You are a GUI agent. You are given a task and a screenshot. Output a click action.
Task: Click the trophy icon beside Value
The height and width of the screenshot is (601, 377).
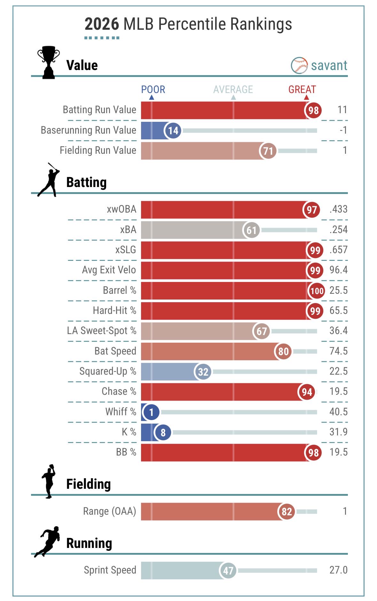[x=49, y=63]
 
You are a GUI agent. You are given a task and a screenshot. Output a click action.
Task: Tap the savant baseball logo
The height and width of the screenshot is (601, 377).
[x=299, y=66]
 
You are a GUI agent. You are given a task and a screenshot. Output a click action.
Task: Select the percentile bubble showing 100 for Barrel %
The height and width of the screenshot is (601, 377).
[x=317, y=291]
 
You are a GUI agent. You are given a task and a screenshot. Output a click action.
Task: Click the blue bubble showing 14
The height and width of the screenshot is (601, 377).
[x=173, y=130]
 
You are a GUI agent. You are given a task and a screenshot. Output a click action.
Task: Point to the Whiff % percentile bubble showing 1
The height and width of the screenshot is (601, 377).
[x=151, y=412]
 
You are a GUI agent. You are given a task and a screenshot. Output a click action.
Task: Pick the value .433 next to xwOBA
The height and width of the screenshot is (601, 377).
[x=338, y=209]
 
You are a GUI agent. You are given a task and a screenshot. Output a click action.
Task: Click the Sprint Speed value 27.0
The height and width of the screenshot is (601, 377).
[x=338, y=570]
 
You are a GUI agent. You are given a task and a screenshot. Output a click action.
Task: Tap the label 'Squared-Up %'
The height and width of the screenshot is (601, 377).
[x=108, y=371]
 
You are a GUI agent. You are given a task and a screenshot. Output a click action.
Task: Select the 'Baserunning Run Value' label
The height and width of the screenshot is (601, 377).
[x=89, y=130]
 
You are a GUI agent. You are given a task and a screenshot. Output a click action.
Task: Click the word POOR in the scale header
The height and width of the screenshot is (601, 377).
[x=153, y=90]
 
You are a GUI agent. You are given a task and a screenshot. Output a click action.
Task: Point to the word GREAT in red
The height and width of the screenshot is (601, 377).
[x=302, y=90]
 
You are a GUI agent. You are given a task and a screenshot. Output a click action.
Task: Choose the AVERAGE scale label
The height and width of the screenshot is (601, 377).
[x=233, y=90]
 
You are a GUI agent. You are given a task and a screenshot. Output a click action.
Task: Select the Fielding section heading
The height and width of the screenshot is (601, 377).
[x=89, y=484]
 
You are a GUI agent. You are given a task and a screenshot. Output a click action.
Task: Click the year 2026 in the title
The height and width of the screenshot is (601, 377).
[x=102, y=24]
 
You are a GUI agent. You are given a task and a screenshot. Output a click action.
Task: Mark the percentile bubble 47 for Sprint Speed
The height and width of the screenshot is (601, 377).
[x=228, y=571]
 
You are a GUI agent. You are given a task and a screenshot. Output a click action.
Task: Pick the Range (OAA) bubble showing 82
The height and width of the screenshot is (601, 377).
[x=287, y=511]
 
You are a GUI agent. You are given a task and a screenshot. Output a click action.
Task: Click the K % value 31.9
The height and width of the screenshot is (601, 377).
[x=338, y=432]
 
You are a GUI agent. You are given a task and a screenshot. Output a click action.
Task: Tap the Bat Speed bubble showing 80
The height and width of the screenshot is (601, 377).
[x=283, y=351]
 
